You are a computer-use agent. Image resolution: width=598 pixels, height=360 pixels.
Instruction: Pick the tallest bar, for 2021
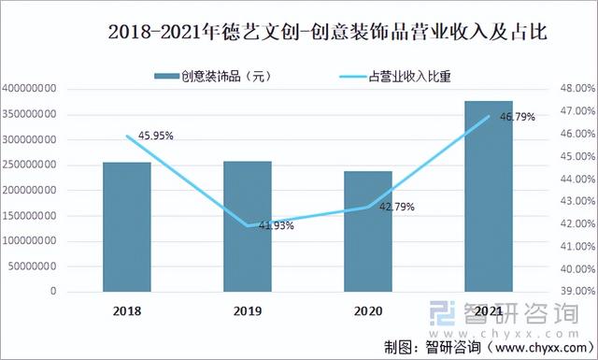click(489, 196)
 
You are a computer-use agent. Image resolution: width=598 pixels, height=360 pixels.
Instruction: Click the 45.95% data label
click(155, 137)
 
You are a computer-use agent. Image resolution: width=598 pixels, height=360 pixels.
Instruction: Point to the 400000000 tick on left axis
click(32, 89)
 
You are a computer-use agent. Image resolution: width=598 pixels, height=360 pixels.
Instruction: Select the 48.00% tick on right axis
click(571, 89)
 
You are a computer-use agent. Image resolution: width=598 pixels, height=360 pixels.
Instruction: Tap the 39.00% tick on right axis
click(571, 292)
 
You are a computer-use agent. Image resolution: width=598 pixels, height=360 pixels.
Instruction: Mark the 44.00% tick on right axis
click(571, 180)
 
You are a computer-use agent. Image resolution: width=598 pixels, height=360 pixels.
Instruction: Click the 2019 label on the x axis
click(248, 310)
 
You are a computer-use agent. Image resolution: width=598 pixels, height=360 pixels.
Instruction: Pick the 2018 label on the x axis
click(127, 310)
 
